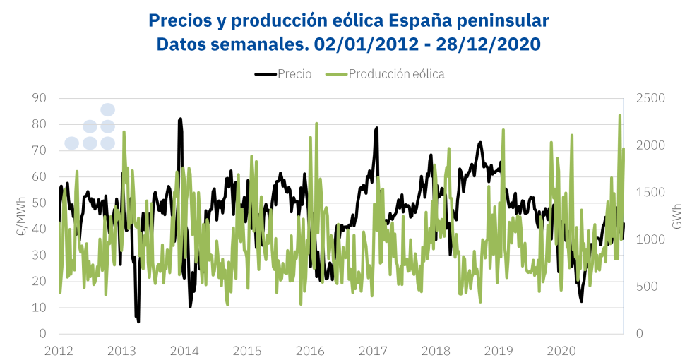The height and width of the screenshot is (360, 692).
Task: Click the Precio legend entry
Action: tap(283, 74)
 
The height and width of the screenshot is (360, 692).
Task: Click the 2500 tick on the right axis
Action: tap(650, 98)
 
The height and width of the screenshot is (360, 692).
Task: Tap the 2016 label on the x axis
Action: tap(309, 350)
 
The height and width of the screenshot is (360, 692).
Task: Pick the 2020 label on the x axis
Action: tap(561, 350)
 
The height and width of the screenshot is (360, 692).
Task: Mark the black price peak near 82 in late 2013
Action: tap(180, 119)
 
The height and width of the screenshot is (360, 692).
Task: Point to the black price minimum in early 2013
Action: tap(138, 321)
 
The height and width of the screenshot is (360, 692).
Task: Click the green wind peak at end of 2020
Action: tap(619, 115)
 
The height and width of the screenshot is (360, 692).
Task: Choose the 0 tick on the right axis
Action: tap(639, 334)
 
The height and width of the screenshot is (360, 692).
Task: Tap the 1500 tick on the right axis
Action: tap(650, 192)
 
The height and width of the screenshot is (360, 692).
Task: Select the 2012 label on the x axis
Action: tap(59, 350)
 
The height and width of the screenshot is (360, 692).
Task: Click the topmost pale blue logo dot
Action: tap(107, 109)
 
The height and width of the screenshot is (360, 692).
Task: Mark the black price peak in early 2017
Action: tap(376, 128)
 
